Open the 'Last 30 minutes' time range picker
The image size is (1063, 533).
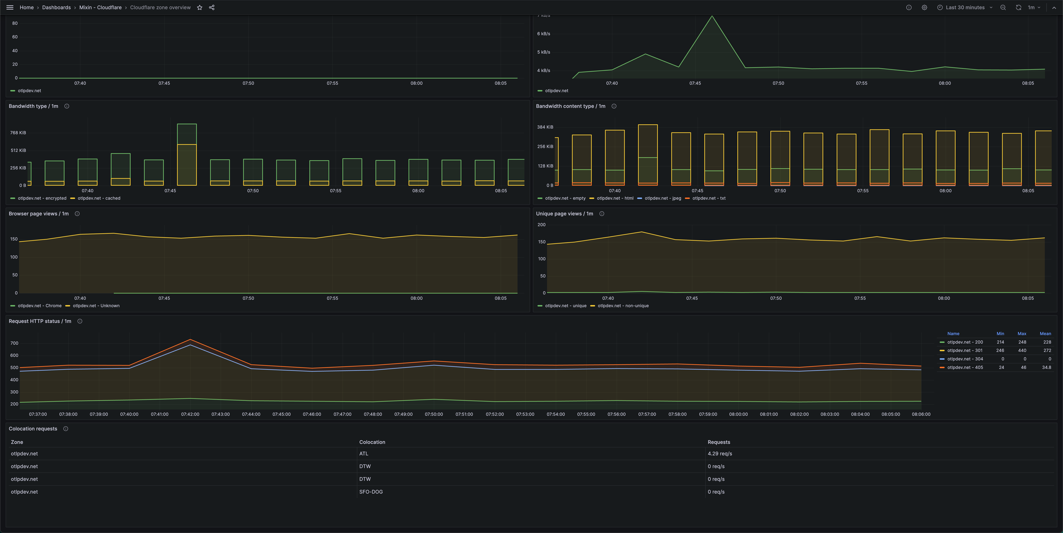965,7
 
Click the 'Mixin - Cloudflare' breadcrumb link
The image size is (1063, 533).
100,7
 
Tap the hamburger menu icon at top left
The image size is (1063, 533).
10,7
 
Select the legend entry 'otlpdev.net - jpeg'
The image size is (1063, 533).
662,198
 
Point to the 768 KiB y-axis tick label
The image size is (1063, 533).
18,132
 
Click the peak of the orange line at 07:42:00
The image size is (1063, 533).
190,340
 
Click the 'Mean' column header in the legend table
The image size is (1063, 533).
1045,334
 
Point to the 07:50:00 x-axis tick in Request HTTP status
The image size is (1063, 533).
434,414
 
